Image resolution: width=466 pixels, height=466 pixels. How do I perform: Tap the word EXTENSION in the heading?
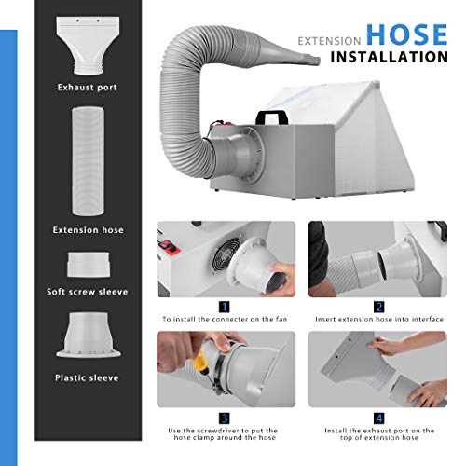[329, 41]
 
